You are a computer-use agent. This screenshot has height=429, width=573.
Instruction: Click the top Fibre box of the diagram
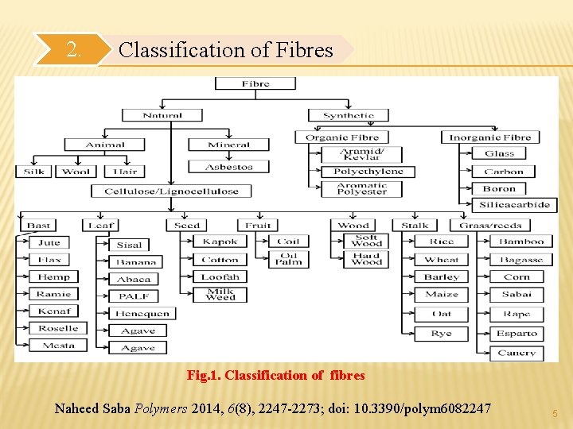pos(255,83)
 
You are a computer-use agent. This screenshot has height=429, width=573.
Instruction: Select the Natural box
pos(162,115)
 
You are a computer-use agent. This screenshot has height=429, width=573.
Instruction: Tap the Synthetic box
pos(348,115)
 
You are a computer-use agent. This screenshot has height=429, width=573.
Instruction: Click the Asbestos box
pos(228,167)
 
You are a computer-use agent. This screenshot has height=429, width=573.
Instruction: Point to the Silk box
pos(34,172)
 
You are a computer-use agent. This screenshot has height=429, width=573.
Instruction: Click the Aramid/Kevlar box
pos(362,154)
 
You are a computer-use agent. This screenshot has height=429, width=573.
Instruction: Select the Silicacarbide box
pos(514,205)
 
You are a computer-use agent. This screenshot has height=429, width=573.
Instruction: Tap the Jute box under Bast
pos(49,242)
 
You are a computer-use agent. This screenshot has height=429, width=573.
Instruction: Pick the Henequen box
pos(142,313)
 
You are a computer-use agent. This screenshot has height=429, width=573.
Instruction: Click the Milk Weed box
pos(220,295)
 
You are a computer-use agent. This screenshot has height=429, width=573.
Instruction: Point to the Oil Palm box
pos(288,259)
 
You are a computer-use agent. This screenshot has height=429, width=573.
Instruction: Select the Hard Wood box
pos(366,259)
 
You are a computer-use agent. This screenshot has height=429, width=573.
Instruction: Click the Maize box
pos(441,295)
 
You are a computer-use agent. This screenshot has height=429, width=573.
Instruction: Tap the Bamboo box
pos(521,242)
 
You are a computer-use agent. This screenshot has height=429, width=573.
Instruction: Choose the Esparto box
pos(516,334)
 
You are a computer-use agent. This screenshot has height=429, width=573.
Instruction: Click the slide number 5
pos(553,413)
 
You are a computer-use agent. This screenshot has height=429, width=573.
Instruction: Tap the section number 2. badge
pos(73,50)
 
